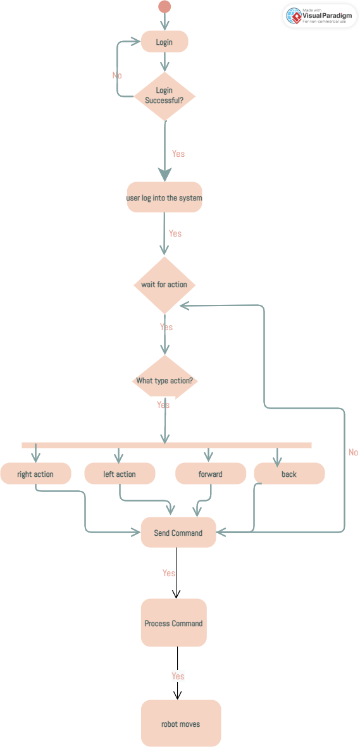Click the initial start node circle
click(164, 7)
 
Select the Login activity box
click(164, 42)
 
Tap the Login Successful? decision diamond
click(164, 96)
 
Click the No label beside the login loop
click(117, 75)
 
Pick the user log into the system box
click(164, 198)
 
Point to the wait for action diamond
click(164, 285)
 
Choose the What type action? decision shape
click(164, 381)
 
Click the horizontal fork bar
click(166, 445)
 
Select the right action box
click(35, 474)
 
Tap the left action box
click(120, 474)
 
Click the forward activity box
click(210, 474)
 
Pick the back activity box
click(289, 474)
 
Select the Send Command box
click(178, 533)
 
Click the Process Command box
click(174, 623)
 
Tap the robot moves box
click(181, 724)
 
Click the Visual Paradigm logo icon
click(294, 16)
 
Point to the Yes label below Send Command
click(168, 573)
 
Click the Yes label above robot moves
click(178, 676)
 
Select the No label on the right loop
click(353, 452)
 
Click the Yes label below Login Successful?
click(178, 154)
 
